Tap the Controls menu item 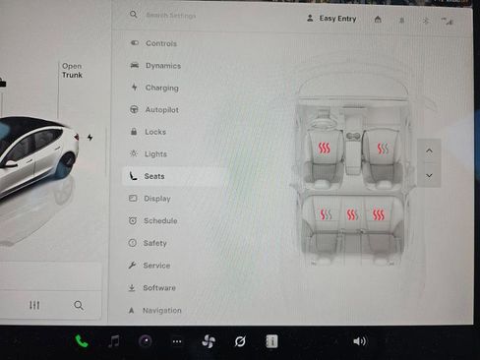(160, 43)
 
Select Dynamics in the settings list (162, 66)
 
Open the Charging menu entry (161, 88)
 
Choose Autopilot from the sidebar (161, 109)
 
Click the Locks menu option (154, 132)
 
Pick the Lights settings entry (154, 154)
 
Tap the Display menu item (156, 199)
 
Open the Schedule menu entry (159, 221)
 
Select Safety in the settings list (154, 243)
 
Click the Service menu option (156, 266)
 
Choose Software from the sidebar (158, 288)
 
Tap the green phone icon (82, 341)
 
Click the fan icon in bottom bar (208, 341)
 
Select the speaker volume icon (359, 341)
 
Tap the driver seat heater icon (324, 149)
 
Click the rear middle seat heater (352, 214)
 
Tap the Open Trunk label (72, 71)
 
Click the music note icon (114, 341)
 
